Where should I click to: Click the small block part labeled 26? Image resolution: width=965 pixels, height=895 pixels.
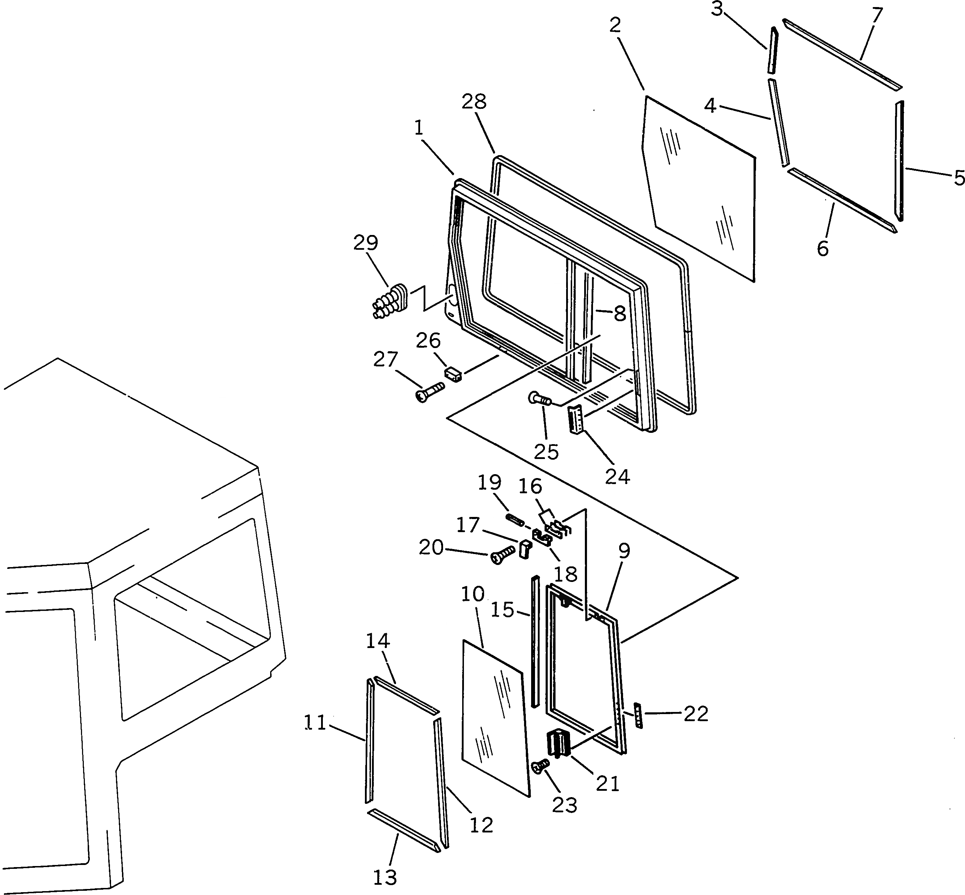coord(453,374)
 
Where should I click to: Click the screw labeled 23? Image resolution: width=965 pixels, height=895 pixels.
coord(540,766)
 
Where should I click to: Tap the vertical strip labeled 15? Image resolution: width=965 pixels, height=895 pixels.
coord(535,642)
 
